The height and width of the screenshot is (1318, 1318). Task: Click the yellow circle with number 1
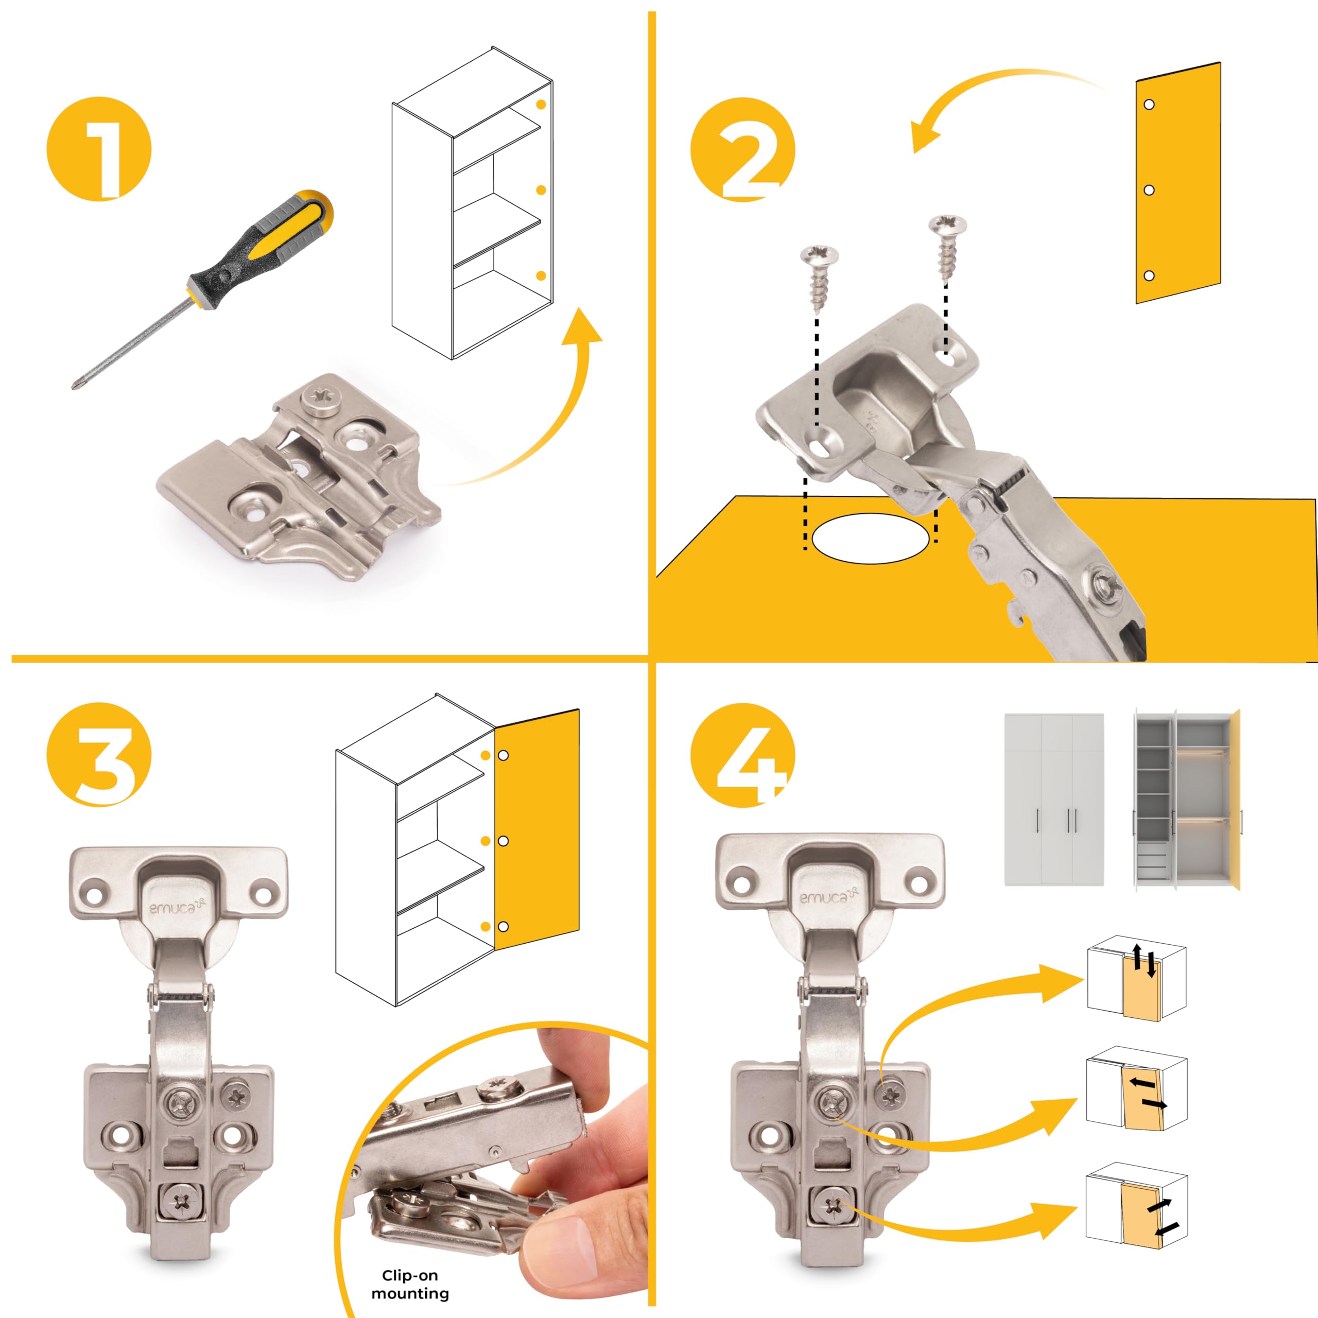[x=99, y=149]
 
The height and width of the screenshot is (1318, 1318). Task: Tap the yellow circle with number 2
[x=743, y=149]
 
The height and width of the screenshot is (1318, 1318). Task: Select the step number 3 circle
[x=99, y=755]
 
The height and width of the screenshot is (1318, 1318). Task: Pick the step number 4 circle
[x=743, y=755]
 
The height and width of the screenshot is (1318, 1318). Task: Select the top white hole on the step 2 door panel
[x=1149, y=105]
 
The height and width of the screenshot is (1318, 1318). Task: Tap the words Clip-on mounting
[x=410, y=1285]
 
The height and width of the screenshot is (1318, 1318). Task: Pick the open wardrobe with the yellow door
[x=1187, y=800]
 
